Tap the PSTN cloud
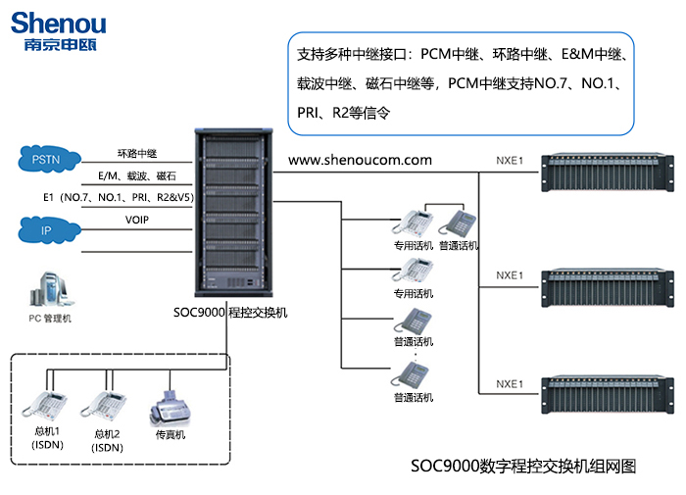tap(45, 158)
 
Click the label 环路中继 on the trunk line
tap(137, 153)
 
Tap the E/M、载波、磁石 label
tap(137, 175)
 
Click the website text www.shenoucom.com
tap(360, 159)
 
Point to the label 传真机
tap(170, 434)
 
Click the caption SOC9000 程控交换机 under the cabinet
tap(229, 313)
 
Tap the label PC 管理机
tap(49, 319)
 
